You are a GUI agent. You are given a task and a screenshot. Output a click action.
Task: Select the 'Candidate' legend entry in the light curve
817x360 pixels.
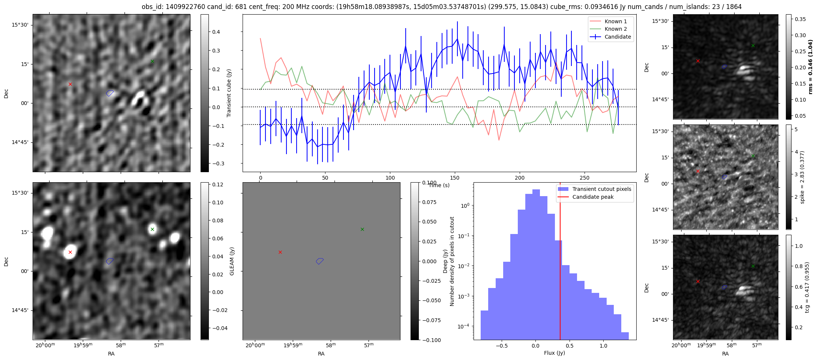(618, 37)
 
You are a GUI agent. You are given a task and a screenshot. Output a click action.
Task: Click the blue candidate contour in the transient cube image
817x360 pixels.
(109, 93)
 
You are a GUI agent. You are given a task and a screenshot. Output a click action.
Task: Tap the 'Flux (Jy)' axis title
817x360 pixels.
(555, 353)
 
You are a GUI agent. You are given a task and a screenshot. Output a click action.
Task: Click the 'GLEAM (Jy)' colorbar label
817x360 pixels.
(232, 261)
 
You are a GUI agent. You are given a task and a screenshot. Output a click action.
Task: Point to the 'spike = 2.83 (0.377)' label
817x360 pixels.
(802, 177)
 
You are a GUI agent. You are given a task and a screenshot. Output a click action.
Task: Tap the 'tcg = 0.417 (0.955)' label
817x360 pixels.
(807, 287)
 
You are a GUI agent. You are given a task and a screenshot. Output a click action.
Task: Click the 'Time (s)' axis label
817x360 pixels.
(439, 185)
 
